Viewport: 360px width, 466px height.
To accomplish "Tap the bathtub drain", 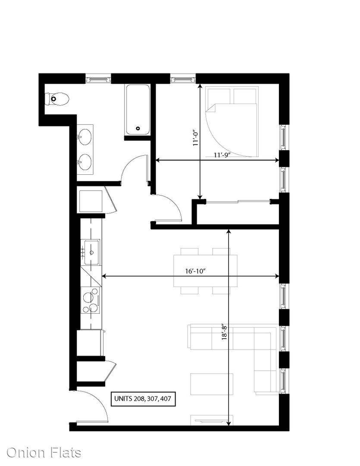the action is pyautogui.click(x=138, y=129).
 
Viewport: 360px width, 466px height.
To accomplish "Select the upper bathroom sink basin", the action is pyautogui.click(x=85, y=137).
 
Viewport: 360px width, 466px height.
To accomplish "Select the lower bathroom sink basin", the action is pyautogui.click(x=85, y=162).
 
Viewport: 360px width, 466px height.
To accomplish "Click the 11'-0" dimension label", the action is pyautogui.click(x=195, y=138).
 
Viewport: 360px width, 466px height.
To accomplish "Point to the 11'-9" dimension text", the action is pyautogui.click(x=222, y=155).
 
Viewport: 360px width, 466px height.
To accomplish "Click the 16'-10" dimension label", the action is pyautogui.click(x=195, y=271).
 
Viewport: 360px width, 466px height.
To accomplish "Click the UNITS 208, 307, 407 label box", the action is pyautogui.click(x=143, y=398).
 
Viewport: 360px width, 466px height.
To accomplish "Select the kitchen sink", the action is pyautogui.click(x=91, y=252).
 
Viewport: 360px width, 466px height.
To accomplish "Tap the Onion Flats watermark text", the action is pyautogui.click(x=44, y=453).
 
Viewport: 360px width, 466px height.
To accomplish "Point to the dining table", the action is pyautogui.click(x=206, y=271).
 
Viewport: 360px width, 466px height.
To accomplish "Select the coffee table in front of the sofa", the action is pyautogui.click(x=212, y=384).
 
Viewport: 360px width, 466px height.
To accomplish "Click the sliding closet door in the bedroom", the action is pyautogui.click(x=238, y=202).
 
